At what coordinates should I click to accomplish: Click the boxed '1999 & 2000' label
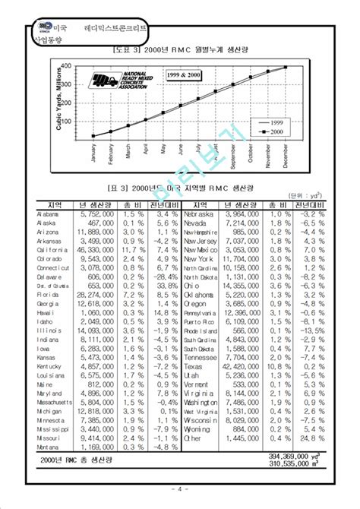pos(185,76)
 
